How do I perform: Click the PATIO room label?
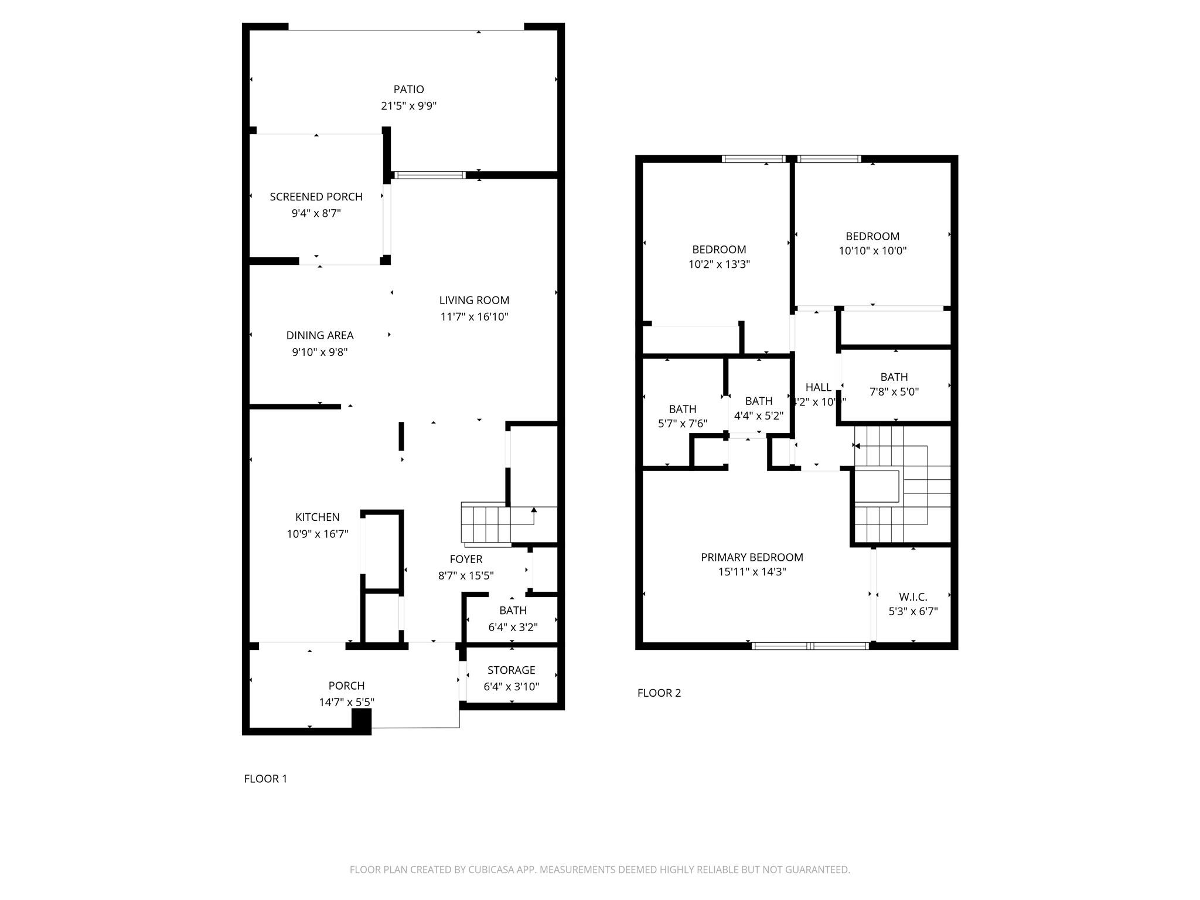pyautogui.click(x=408, y=89)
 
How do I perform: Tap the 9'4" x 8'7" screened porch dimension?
pyautogui.click(x=316, y=213)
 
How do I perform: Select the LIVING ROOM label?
pyautogui.click(x=474, y=300)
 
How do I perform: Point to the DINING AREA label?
pyautogui.click(x=319, y=335)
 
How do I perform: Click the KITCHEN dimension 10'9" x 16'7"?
pyautogui.click(x=317, y=534)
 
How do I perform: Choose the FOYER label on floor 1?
pyautogui.click(x=466, y=559)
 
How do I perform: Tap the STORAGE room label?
pyautogui.click(x=511, y=670)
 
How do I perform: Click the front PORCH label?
pyautogui.click(x=346, y=686)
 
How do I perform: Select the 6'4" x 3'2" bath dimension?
pyautogui.click(x=513, y=627)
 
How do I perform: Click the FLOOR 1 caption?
pyautogui.click(x=265, y=779)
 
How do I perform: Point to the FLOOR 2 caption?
pyautogui.click(x=659, y=693)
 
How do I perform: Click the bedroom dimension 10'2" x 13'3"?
pyautogui.click(x=719, y=264)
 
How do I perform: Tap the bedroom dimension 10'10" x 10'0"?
pyautogui.click(x=872, y=251)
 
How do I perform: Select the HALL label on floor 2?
pyautogui.click(x=818, y=387)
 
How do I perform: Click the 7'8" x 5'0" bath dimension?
pyautogui.click(x=894, y=391)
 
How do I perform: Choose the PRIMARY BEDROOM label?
pyautogui.click(x=752, y=557)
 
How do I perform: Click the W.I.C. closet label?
pyautogui.click(x=913, y=597)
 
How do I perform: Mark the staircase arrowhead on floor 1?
pyautogui.click(x=534, y=510)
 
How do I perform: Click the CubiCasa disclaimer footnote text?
pyautogui.click(x=599, y=870)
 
